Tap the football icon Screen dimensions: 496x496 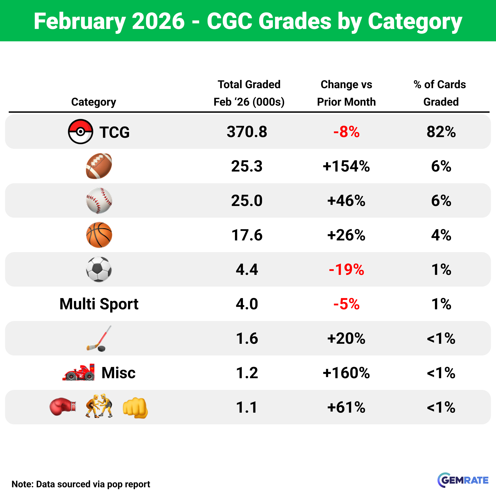point(99,166)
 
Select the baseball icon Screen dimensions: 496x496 point(99,200)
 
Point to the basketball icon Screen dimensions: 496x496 point(99,235)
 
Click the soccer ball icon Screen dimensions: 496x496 point(99,269)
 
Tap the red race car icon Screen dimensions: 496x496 point(79,372)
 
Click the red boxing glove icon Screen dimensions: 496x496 point(63,407)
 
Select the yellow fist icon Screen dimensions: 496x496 point(135,408)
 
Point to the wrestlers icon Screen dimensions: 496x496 point(99,406)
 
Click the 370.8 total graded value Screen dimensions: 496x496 point(247,132)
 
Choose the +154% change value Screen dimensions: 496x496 point(346,166)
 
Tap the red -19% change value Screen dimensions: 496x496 point(346,270)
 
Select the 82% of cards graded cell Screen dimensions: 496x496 point(441,132)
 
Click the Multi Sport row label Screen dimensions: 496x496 point(99,304)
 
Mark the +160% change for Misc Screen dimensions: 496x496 point(346,373)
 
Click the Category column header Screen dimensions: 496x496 point(93,102)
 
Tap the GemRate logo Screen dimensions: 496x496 point(463,480)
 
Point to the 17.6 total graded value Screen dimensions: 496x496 point(247,235)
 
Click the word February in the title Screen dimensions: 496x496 point(80,22)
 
